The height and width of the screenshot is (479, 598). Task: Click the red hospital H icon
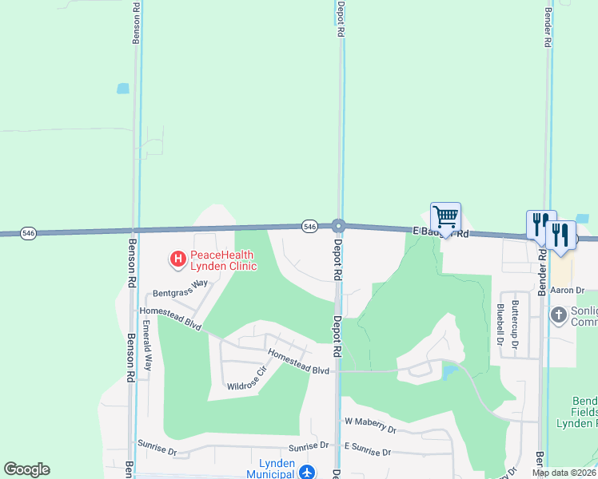pyautogui.click(x=177, y=259)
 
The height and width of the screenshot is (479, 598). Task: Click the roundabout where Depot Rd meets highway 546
pyautogui.click(x=338, y=226)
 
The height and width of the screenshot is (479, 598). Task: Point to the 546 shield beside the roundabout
pyautogui.click(x=310, y=227)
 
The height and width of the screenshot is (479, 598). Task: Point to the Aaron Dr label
pyautogui.click(x=568, y=291)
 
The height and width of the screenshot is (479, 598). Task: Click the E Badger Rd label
pyautogui.click(x=440, y=232)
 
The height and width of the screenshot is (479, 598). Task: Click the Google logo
pyautogui.click(x=26, y=469)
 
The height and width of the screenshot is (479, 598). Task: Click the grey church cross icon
pyautogui.click(x=559, y=316)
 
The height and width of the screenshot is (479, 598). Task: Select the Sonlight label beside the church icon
pyautogui.click(x=584, y=316)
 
